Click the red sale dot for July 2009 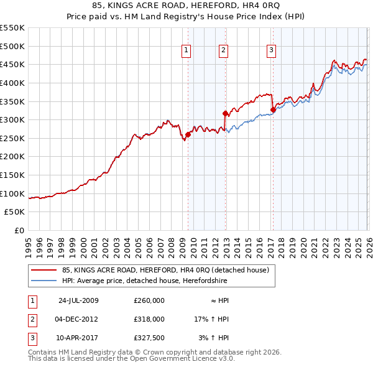(188, 134)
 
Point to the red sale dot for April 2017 (273, 109)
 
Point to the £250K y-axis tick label (13, 138)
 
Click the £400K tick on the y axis (13, 83)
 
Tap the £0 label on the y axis (19, 230)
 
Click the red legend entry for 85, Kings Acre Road (165, 270)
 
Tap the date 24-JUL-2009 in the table (78, 300)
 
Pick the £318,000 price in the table (149, 319)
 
